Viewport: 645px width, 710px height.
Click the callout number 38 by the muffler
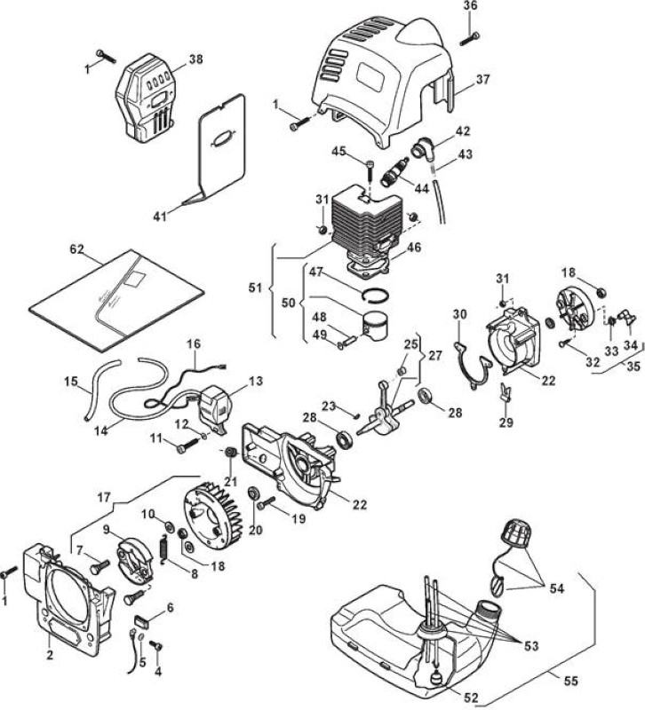195,59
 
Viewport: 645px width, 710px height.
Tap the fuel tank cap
516,534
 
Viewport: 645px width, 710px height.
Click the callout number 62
77,249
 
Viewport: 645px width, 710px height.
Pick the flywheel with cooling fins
212,515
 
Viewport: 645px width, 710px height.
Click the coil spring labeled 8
163,549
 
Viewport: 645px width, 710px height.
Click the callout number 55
572,681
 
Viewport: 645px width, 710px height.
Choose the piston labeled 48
376,327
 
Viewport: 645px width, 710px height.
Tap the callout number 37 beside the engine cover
483,79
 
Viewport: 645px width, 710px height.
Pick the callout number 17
104,498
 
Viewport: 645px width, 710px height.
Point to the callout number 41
160,217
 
